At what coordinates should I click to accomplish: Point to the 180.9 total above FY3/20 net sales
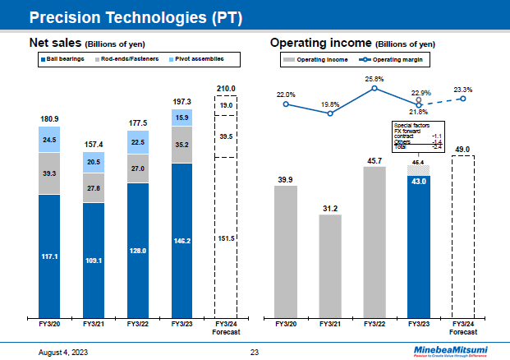[49, 119]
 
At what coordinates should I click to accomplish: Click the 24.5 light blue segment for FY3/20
[49, 140]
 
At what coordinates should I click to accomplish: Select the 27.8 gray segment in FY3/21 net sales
[94, 188]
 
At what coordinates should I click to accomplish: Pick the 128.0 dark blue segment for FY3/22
[138, 250]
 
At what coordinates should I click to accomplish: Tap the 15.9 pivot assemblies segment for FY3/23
[181, 118]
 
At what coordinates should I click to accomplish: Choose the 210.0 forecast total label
[226, 88]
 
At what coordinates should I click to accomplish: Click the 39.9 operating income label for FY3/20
[285, 178]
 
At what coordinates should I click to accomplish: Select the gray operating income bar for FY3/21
[330, 265]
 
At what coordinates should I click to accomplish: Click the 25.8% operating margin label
[374, 79]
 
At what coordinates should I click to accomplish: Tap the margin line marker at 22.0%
[286, 104]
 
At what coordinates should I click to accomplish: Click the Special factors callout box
[418, 136]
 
